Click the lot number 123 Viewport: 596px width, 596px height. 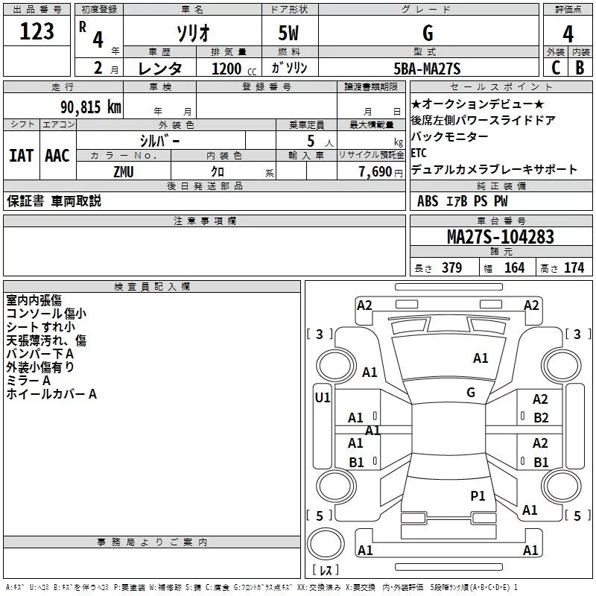click(37, 32)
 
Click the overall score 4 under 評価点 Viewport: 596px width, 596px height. click(568, 34)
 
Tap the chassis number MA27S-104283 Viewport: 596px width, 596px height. click(500, 237)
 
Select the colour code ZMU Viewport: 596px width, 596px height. click(124, 171)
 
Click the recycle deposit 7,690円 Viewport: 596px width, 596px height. click(381, 172)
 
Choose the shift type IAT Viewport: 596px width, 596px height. click(21, 155)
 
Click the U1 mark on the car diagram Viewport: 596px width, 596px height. click(322, 398)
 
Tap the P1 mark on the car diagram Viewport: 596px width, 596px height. click(478, 495)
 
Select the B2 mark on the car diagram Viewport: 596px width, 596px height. click(541, 418)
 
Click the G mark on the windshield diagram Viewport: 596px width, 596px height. click(471, 392)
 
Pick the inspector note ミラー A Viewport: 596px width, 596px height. click(28, 381)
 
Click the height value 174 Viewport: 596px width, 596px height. click(574, 268)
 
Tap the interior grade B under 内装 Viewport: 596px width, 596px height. click(580, 68)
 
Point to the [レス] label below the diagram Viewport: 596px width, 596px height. click(326, 571)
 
